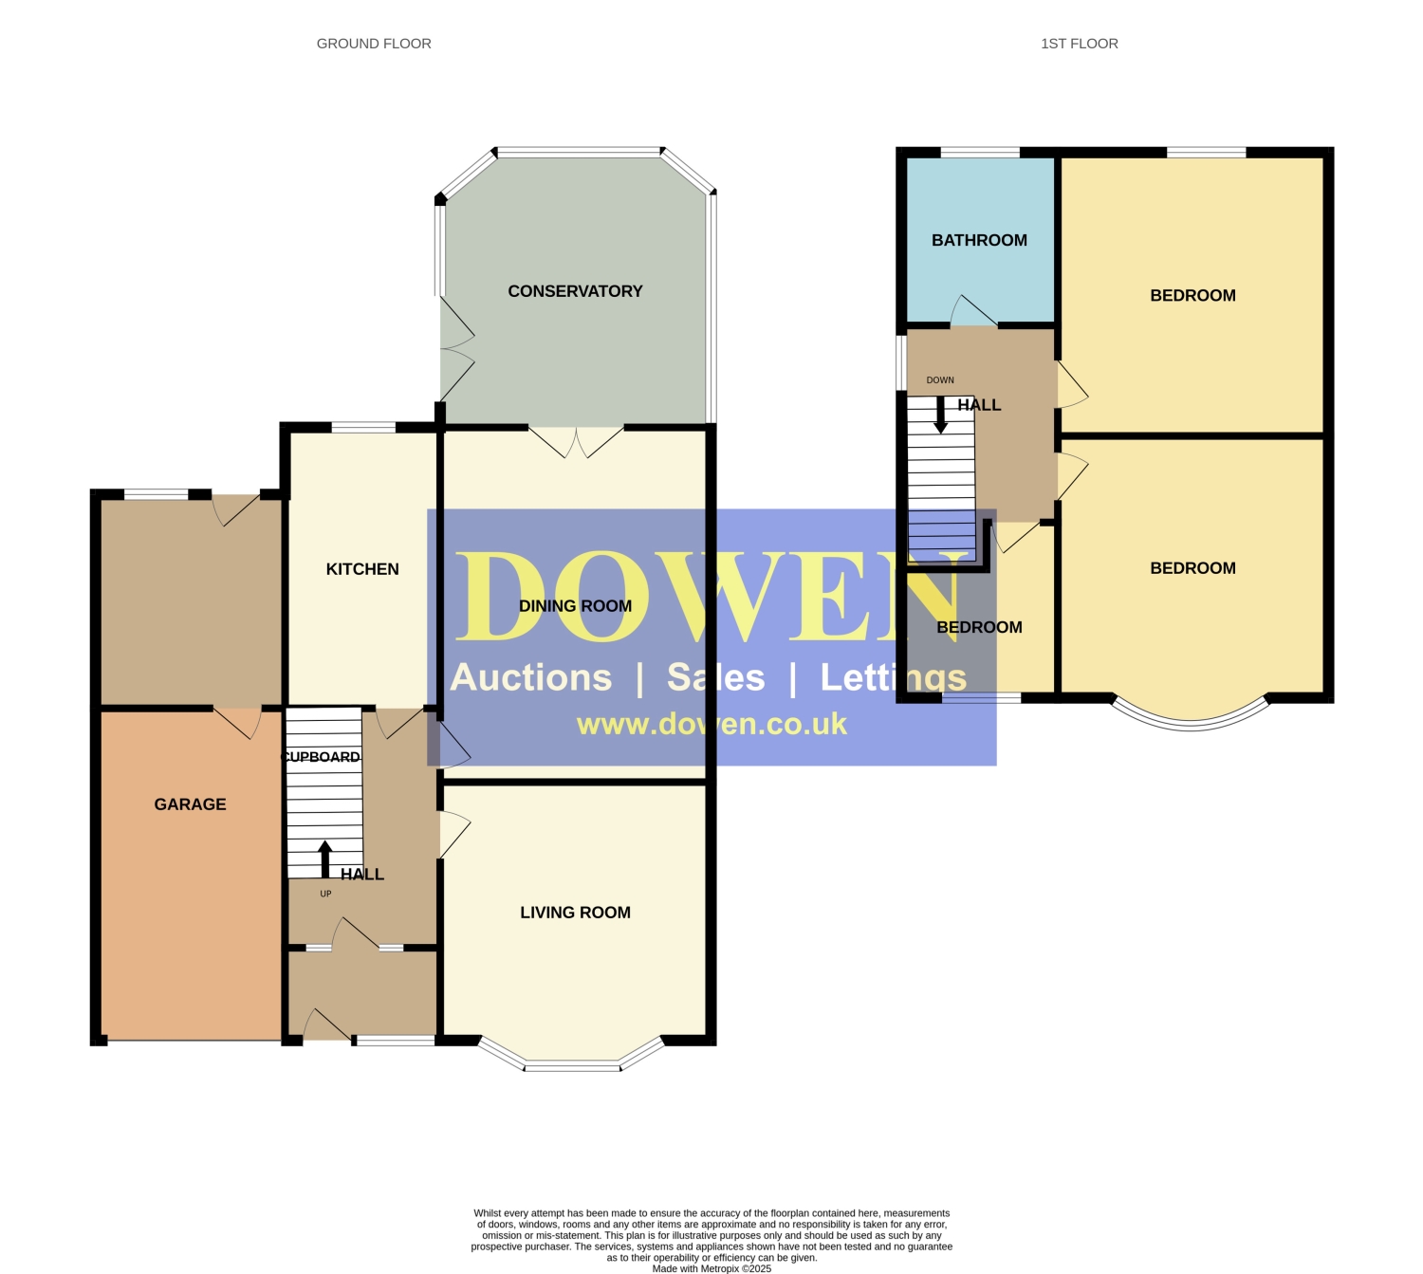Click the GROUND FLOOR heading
(374, 44)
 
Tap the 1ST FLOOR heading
(1079, 44)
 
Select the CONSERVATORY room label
(575, 291)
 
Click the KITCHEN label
(362, 569)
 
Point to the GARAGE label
(191, 804)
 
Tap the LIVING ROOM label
(575, 913)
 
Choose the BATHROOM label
(979, 240)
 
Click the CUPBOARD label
(321, 756)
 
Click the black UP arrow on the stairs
(324, 859)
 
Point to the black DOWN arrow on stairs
(940, 415)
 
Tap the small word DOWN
(940, 380)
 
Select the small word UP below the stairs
(326, 894)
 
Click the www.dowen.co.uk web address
(711, 724)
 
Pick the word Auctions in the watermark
(531, 677)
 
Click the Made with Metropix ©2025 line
(711, 1268)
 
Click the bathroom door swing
(972, 310)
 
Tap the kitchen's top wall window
(363, 426)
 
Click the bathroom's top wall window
(980, 152)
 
